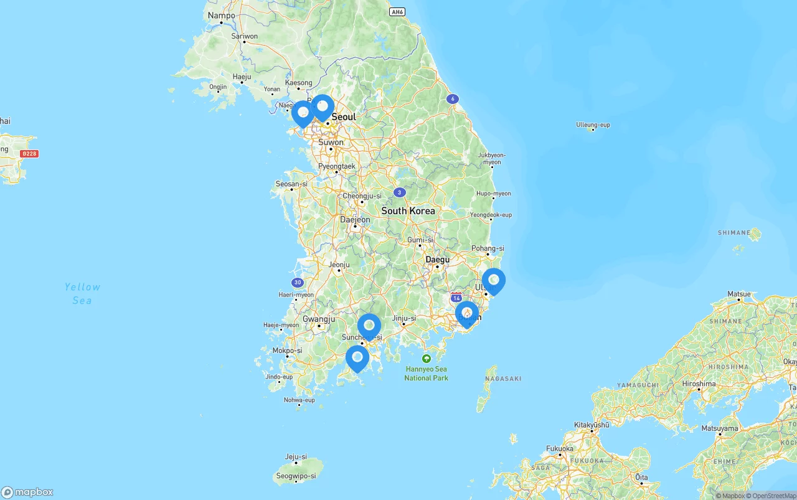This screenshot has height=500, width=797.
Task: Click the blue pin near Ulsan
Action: coord(494,280)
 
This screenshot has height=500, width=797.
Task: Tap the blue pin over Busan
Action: coord(467,313)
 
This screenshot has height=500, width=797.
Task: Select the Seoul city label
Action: coord(344,117)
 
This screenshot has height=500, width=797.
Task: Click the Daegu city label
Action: coord(437,259)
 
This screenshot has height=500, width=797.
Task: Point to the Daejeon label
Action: coord(355,219)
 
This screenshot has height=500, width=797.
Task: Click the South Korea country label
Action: coord(408,211)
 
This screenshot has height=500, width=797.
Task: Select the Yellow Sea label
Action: coord(82,293)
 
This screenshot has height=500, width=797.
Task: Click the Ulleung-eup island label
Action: coord(593,125)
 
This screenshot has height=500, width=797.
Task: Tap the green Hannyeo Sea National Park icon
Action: coord(427,359)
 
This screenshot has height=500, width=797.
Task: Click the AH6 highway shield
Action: coord(397,12)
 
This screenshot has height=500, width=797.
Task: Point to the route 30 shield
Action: coord(298,282)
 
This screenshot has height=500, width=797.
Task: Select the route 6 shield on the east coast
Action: coord(453,98)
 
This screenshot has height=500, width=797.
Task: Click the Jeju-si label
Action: coord(296,456)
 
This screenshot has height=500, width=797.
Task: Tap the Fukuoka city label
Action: coord(559,448)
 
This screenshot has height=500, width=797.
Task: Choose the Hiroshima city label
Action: coord(699,384)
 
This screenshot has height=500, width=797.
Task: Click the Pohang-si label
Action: coord(488,248)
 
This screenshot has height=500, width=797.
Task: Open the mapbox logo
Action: coord(27,492)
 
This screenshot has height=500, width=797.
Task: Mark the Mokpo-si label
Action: coord(286,351)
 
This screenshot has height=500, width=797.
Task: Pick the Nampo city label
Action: coord(222,16)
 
